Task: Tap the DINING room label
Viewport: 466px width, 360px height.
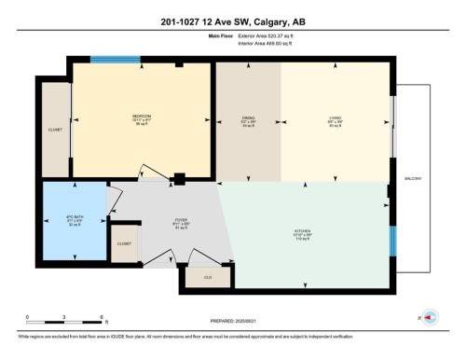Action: pos(248,118)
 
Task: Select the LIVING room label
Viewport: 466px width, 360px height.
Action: pos(336,118)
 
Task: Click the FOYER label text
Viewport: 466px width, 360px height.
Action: pos(181,221)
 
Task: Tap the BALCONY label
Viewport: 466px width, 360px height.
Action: pos(412,177)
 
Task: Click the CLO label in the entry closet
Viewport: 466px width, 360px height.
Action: pos(207,276)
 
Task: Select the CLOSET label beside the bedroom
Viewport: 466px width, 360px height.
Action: pos(55,130)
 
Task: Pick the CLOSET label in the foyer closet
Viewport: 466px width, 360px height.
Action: pos(124,243)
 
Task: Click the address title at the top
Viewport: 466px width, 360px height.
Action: pos(233,13)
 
